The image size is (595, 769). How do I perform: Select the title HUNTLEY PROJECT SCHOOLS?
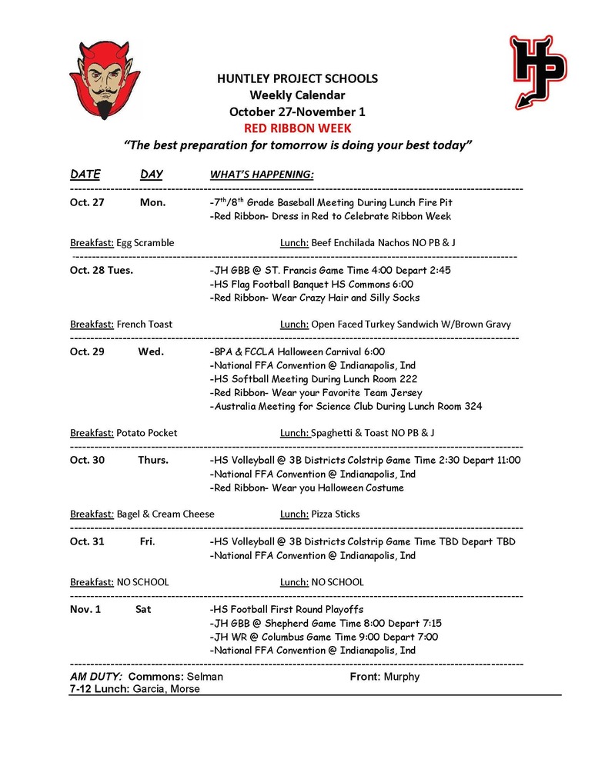(297, 78)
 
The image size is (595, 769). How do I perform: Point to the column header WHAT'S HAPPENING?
(262, 175)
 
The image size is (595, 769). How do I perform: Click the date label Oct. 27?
(87, 202)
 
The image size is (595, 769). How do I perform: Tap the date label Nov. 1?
(86, 609)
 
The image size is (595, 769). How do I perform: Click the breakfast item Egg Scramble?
(145, 242)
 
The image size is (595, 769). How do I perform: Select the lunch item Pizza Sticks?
(336, 514)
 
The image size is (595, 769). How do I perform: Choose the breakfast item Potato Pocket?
(147, 433)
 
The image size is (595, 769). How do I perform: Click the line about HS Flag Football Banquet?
(312, 284)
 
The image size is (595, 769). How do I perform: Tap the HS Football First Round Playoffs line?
(286, 609)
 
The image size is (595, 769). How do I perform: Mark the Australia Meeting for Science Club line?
(346, 406)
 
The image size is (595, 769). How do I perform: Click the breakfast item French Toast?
(145, 324)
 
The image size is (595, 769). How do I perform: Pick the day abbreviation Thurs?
(153, 460)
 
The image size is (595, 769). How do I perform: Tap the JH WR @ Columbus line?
(323, 637)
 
